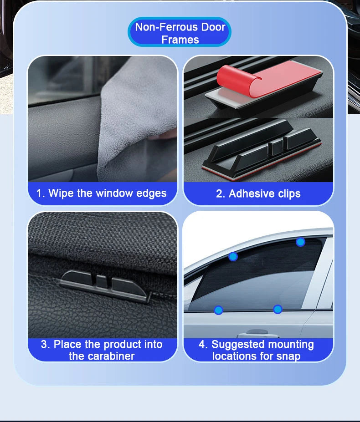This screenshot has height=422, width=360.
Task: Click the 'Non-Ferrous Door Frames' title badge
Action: (x=180, y=33)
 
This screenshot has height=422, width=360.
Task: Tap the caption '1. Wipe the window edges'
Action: (x=102, y=193)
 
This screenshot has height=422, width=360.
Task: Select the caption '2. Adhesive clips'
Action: (x=258, y=193)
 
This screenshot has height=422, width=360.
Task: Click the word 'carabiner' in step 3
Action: (x=102, y=356)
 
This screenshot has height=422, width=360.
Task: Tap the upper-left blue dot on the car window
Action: (x=233, y=256)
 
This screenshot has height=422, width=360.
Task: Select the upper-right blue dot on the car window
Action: (x=300, y=242)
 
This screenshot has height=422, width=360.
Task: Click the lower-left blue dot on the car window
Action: (x=218, y=310)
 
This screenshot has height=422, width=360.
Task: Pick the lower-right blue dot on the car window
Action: (x=278, y=310)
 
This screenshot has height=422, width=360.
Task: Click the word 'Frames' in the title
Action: (x=180, y=40)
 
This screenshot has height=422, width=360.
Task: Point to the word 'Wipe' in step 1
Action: (x=61, y=193)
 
